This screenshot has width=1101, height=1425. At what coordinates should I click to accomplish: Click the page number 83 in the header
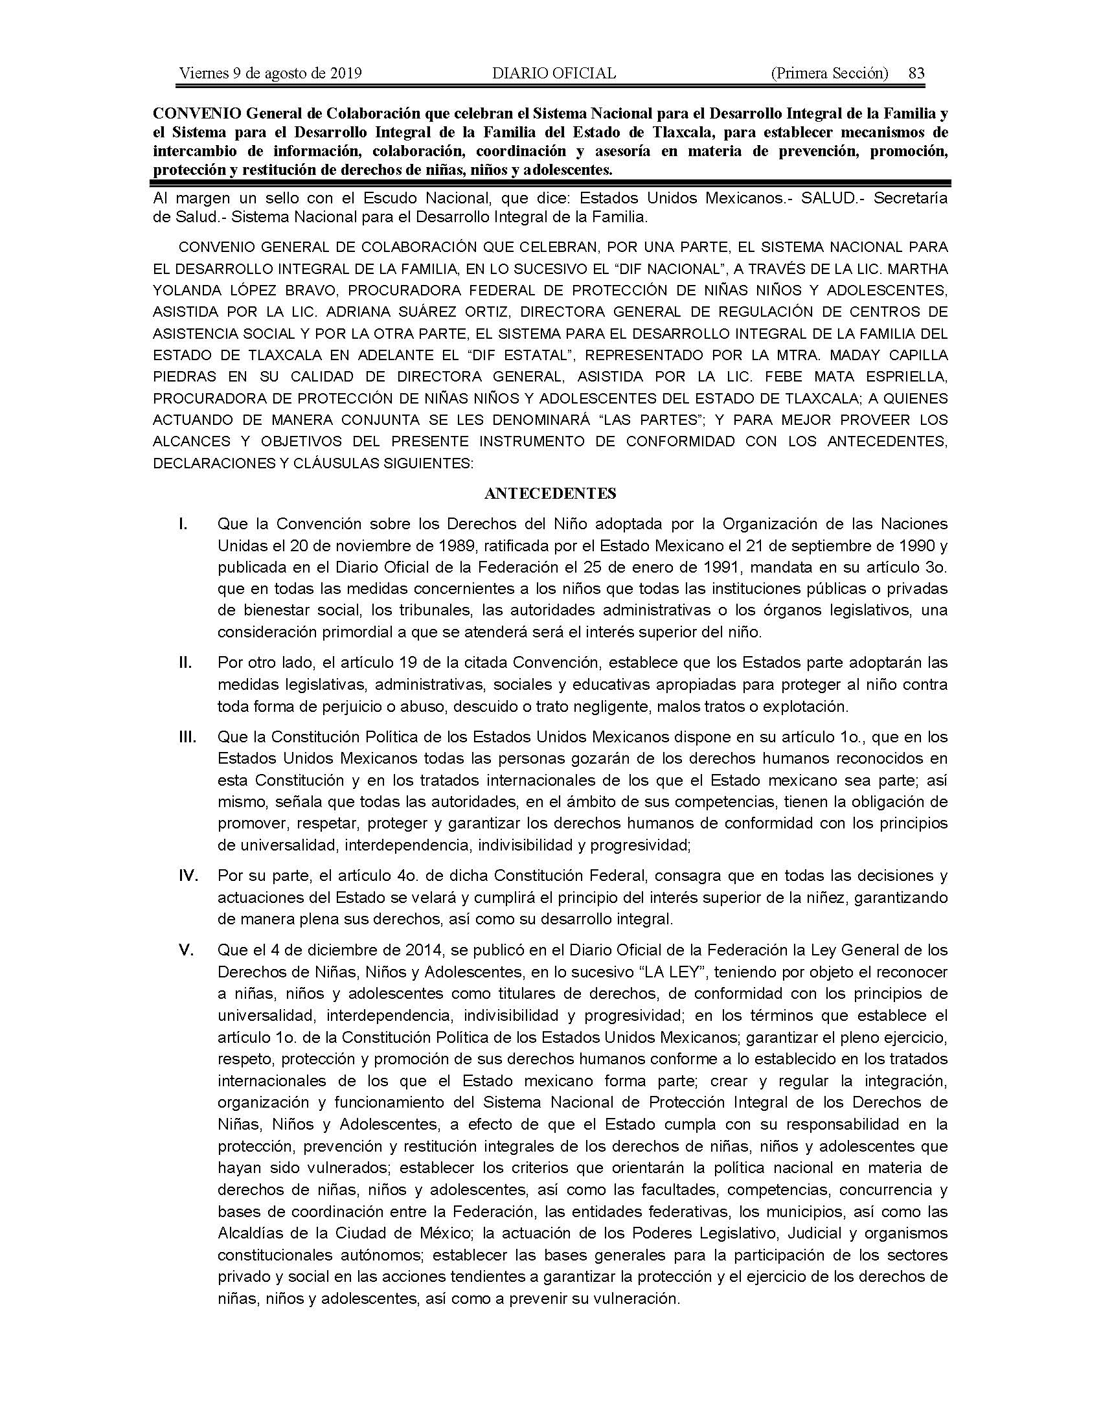tap(916, 73)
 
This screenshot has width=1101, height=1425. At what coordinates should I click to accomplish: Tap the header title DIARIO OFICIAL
tap(554, 73)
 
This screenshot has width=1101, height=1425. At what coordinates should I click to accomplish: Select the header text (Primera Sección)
tap(829, 73)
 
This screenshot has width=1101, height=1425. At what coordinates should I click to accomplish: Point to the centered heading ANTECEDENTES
tap(550, 494)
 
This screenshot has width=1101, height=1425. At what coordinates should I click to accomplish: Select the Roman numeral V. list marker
tap(187, 951)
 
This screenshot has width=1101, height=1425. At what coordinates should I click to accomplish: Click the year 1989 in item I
tap(414, 545)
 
